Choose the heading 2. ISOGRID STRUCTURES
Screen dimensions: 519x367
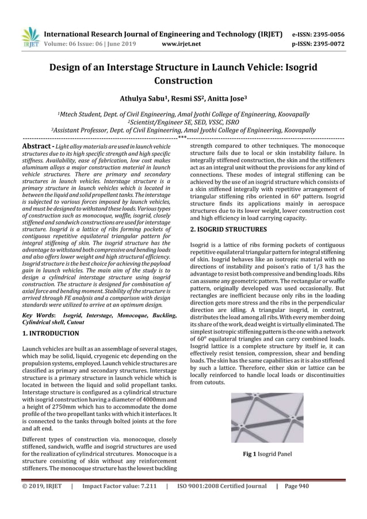click(x=228, y=228)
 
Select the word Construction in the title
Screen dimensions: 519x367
click(x=183, y=81)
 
